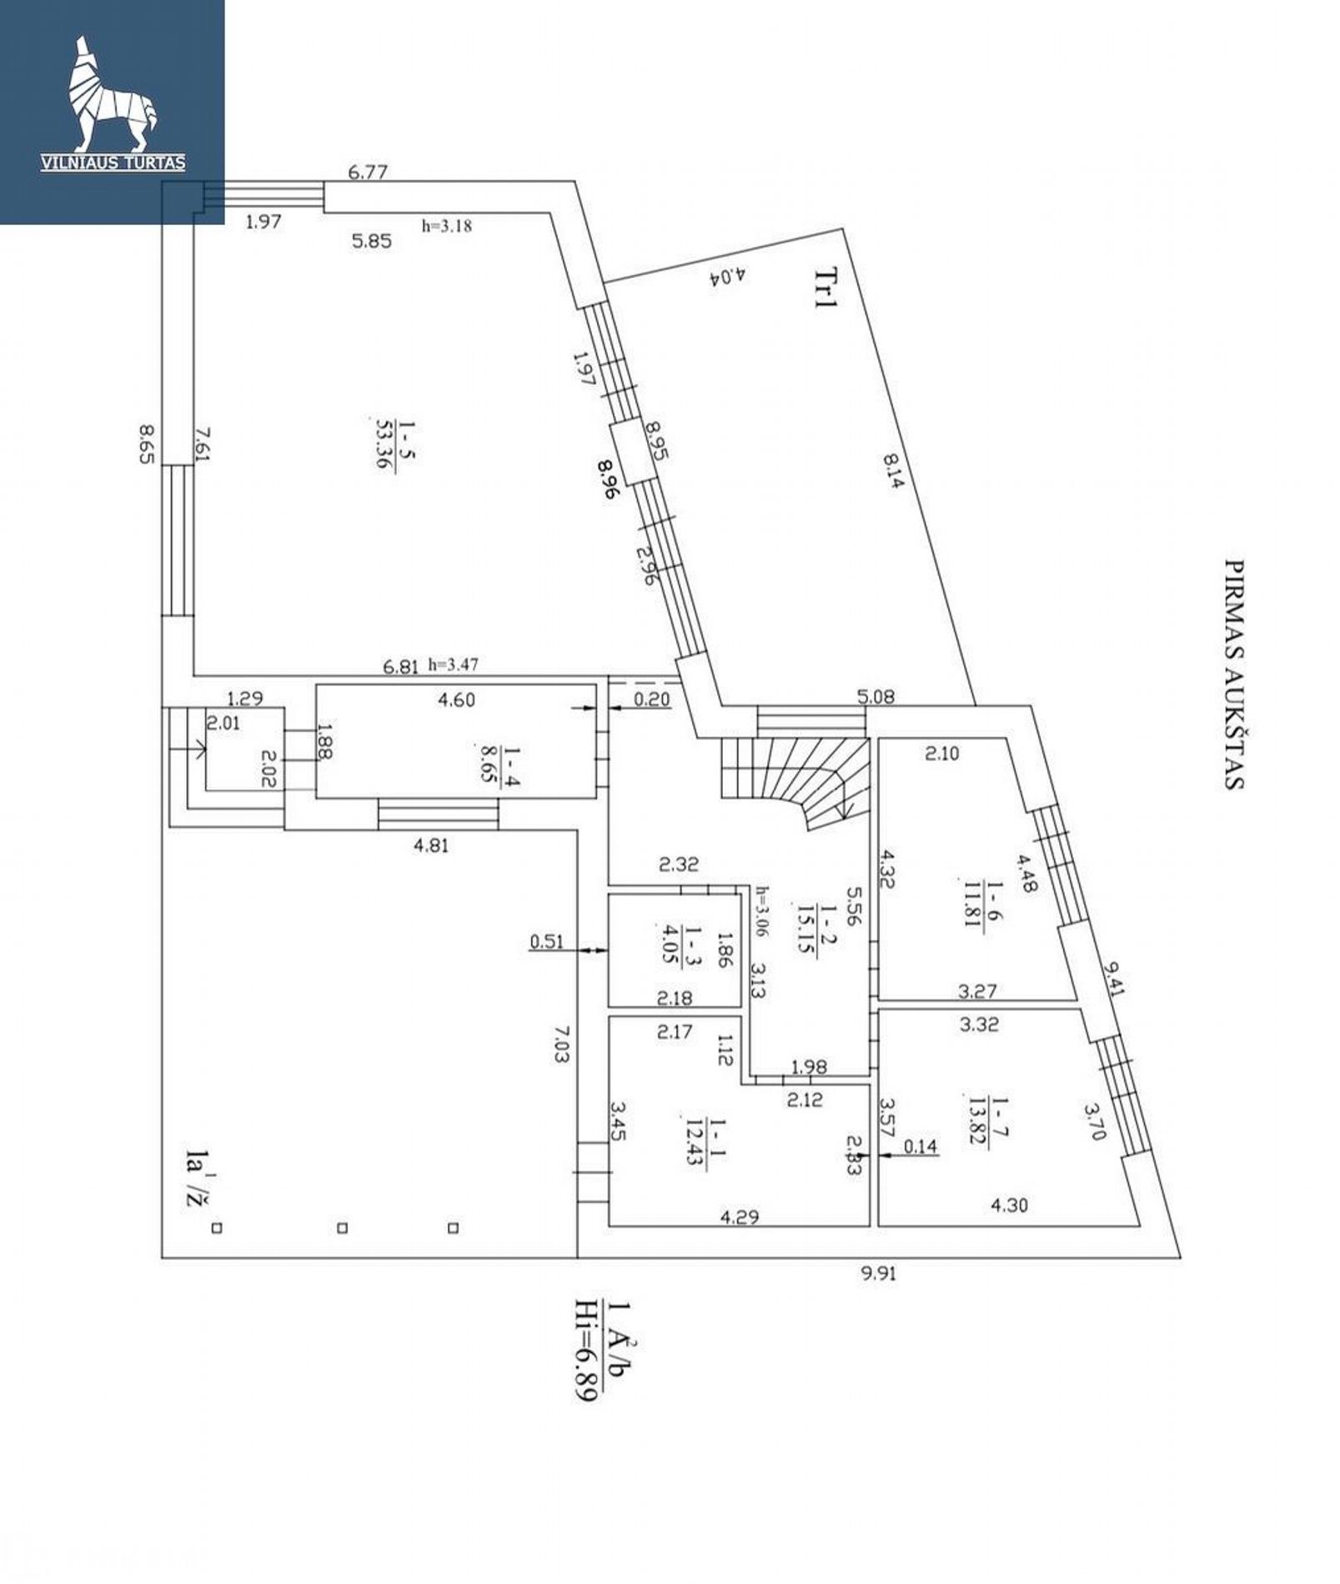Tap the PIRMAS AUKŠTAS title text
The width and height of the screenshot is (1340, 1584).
pyautogui.click(x=1233, y=673)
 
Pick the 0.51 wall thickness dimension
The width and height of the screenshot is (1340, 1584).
pyautogui.click(x=547, y=942)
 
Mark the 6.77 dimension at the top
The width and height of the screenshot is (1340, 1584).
pyautogui.click(x=368, y=173)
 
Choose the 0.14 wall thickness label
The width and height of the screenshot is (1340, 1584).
pyautogui.click(x=921, y=1147)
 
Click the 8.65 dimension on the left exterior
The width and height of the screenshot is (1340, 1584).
pyautogui.click(x=148, y=444)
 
